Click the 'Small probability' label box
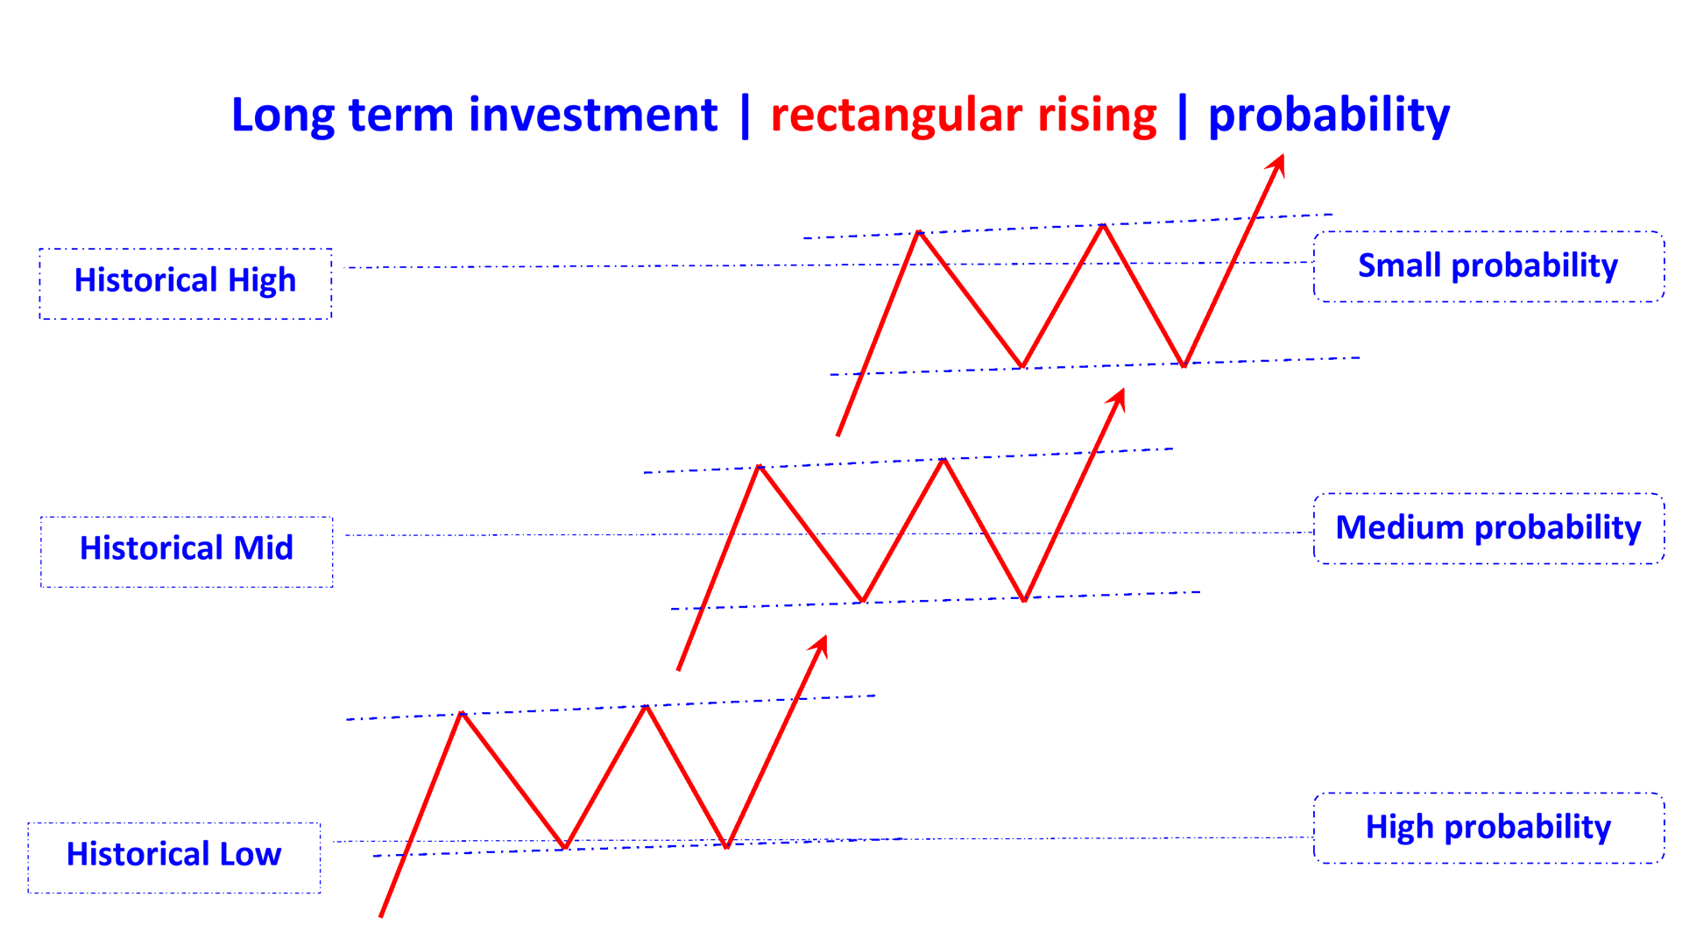(x=1488, y=266)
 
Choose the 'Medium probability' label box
(x=1488, y=528)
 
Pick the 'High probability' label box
(x=1488, y=828)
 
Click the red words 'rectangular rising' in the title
(x=964, y=116)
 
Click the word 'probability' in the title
(x=1329, y=116)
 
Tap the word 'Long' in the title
(x=282, y=116)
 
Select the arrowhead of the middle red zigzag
(x=1118, y=398)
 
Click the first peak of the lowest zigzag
(x=462, y=714)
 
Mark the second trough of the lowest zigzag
(x=727, y=847)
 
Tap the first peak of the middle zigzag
(x=760, y=467)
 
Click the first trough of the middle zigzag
(x=863, y=601)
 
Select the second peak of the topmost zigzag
(x=1104, y=225)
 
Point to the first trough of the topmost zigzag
(x=1021, y=366)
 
